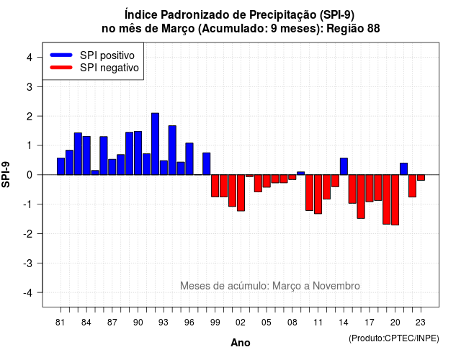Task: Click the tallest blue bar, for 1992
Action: click(x=155, y=144)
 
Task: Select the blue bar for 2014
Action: click(x=344, y=166)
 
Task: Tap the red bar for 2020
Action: click(x=395, y=200)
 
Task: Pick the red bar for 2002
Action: click(x=241, y=193)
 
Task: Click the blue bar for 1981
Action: click(x=61, y=166)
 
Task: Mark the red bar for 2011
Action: click(x=318, y=194)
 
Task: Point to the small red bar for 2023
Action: click(x=421, y=178)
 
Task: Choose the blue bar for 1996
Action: click(x=189, y=159)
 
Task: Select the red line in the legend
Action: click(x=61, y=67)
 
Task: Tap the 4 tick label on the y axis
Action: click(x=30, y=58)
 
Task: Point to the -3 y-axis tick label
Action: click(x=28, y=263)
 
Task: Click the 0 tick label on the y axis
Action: click(x=30, y=175)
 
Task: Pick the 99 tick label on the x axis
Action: click(x=215, y=323)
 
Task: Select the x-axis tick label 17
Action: click(x=370, y=323)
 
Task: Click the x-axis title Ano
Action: click(x=241, y=343)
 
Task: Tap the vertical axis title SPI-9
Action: click(x=6, y=174)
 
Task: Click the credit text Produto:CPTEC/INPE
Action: click(x=394, y=338)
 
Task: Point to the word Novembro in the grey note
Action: click(x=336, y=286)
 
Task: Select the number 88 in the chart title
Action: click(x=373, y=29)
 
